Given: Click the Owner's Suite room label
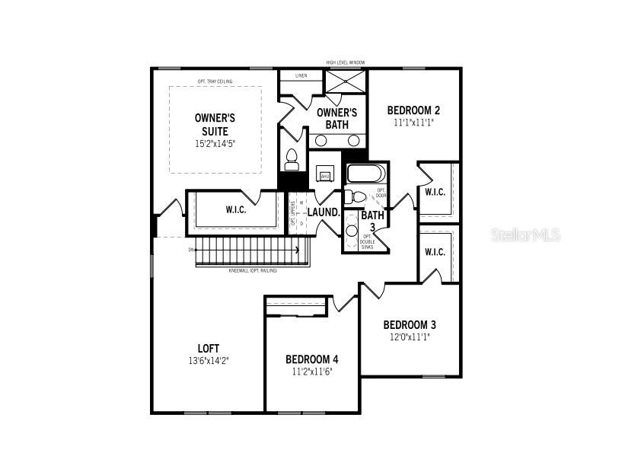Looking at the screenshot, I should (x=215, y=125).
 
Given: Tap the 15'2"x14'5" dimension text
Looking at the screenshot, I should (x=215, y=143).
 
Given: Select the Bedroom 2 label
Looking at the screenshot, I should (x=414, y=110).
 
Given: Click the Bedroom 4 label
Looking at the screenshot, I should (x=312, y=359).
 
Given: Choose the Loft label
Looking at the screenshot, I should (x=209, y=349).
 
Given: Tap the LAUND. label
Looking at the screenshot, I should (x=323, y=212).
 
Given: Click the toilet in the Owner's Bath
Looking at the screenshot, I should (x=291, y=160).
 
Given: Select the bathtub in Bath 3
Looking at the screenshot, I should (x=366, y=174).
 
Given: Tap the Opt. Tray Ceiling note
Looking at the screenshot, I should (x=215, y=81).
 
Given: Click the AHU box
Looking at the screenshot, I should (x=325, y=176).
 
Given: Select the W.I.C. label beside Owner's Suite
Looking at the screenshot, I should (x=235, y=210).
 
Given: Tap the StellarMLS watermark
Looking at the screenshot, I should (x=526, y=234).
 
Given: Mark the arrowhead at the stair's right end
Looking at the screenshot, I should (x=297, y=249).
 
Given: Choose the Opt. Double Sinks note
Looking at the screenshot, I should (x=368, y=241).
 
